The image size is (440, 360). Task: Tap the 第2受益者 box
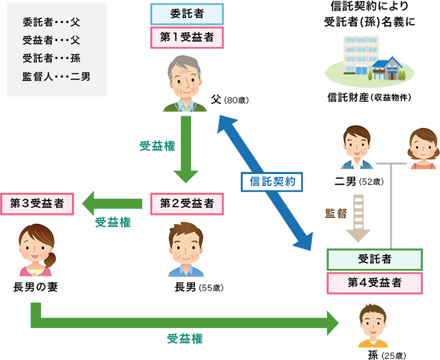coord(187,203)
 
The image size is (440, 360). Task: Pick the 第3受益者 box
coord(37,203)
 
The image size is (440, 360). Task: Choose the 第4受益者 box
coord(374,283)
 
